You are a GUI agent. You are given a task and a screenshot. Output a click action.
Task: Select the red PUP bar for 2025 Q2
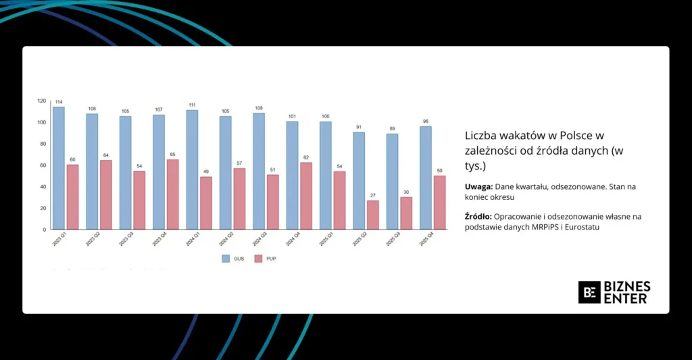pyautogui.click(x=373, y=215)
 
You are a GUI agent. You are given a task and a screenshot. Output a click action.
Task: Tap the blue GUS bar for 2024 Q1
pyautogui.click(x=192, y=170)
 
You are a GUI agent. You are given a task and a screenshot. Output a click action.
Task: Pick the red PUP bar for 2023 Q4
pyautogui.click(x=172, y=194)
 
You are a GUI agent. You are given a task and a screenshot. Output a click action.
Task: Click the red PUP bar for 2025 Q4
pyautogui.click(x=439, y=202)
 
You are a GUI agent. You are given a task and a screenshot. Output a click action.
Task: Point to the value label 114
pyautogui.click(x=59, y=102)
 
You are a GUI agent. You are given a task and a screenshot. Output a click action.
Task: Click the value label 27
pyautogui.click(x=373, y=196)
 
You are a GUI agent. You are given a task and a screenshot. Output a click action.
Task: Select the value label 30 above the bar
pyautogui.click(x=406, y=192)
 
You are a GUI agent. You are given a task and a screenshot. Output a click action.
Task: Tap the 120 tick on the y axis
pyautogui.click(x=42, y=101)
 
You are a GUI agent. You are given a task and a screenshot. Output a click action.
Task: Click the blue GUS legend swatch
pyautogui.click(x=226, y=258)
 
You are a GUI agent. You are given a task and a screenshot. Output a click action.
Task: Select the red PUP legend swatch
pyautogui.click(x=258, y=258)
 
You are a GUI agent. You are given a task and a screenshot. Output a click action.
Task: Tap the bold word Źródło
pyautogui.click(x=478, y=215)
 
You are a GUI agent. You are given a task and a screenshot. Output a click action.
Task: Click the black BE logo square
pyautogui.click(x=589, y=292)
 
